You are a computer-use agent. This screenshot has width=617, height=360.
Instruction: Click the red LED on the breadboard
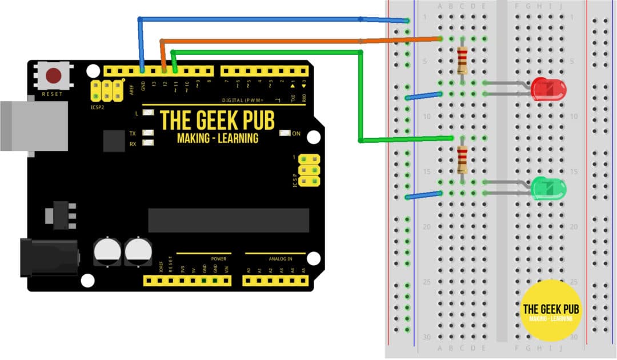click(x=548, y=90)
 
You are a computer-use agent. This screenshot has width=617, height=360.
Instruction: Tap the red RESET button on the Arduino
click(x=54, y=75)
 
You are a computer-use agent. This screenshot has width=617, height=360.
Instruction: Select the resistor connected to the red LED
click(x=462, y=61)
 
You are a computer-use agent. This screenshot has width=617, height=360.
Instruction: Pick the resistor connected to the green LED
click(x=462, y=159)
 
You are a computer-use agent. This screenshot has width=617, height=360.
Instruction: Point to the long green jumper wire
click(x=360, y=97)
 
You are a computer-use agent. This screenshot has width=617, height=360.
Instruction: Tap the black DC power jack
click(x=49, y=257)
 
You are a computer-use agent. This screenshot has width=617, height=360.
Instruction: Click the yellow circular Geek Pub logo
click(x=551, y=310)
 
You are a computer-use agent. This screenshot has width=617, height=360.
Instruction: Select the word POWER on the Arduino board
click(x=218, y=259)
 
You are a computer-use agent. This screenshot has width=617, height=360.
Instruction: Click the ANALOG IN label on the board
click(x=277, y=259)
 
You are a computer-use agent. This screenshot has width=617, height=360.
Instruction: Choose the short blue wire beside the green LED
click(x=423, y=195)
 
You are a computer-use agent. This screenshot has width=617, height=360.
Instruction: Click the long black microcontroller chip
click(x=229, y=220)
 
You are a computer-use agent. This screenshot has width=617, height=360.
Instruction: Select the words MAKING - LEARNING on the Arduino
click(x=218, y=138)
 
